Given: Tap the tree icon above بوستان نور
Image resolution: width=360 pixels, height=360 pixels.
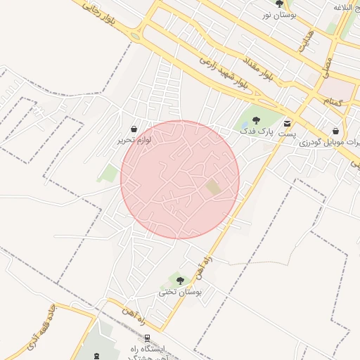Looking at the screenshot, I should (x=280, y=4).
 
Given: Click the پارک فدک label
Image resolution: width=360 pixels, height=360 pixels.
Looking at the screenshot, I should (x=255, y=131).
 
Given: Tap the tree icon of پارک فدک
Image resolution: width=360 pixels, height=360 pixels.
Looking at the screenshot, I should (x=255, y=121).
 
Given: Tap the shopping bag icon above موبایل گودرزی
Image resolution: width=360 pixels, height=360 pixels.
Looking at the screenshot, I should (x=335, y=131).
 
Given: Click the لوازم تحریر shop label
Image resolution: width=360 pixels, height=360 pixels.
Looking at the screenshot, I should (x=134, y=140).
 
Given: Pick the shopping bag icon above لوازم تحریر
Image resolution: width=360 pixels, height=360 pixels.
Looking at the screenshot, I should (x=134, y=129).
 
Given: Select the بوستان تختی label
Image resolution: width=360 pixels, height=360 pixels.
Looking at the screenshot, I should (x=180, y=291).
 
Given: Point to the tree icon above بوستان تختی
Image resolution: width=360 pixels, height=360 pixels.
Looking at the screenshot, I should (x=180, y=281).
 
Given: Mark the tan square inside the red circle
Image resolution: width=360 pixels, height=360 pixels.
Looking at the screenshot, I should (x=212, y=188).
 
